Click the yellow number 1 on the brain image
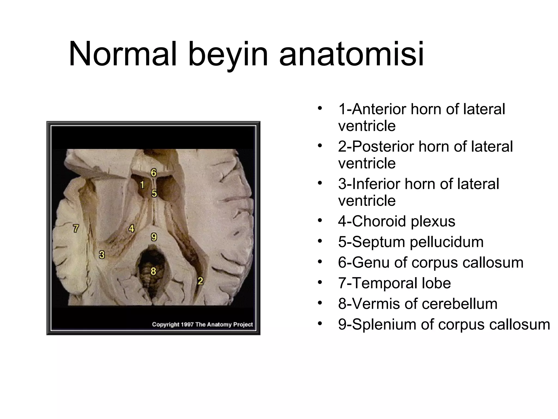(x=142, y=185)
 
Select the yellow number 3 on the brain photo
(x=102, y=255)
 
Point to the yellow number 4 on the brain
(x=132, y=228)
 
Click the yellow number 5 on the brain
(x=154, y=193)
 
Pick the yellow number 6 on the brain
(x=154, y=172)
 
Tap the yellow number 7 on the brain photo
(x=76, y=228)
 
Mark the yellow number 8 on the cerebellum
(x=153, y=271)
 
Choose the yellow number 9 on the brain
(x=154, y=237)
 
